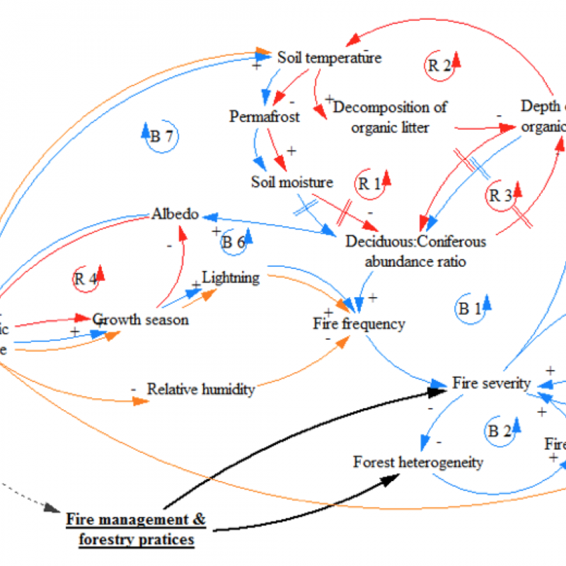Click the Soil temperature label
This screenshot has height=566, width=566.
(329, 57)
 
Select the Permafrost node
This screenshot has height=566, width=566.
(265, 115)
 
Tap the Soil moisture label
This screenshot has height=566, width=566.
(291, 182)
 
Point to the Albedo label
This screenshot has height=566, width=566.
(175, 214)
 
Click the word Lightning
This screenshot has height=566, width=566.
(231, 277)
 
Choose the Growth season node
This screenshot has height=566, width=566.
(141, 319)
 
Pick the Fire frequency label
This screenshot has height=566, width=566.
(359, 323)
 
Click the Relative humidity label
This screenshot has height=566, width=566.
(200, 388)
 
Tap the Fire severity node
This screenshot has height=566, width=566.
(491, 383)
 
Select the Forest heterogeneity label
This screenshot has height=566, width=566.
(418, 462)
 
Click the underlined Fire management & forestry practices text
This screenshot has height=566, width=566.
(136, 529)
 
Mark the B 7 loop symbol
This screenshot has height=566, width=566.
(161, 137)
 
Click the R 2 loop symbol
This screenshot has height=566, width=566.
(440, 65)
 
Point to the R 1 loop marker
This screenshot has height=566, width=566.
(370, 184)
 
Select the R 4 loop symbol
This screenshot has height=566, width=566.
(86, 278)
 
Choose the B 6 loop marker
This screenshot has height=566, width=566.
(233, 242)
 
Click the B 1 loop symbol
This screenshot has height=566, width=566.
(469, 308)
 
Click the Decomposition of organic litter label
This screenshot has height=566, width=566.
(391, 117)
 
